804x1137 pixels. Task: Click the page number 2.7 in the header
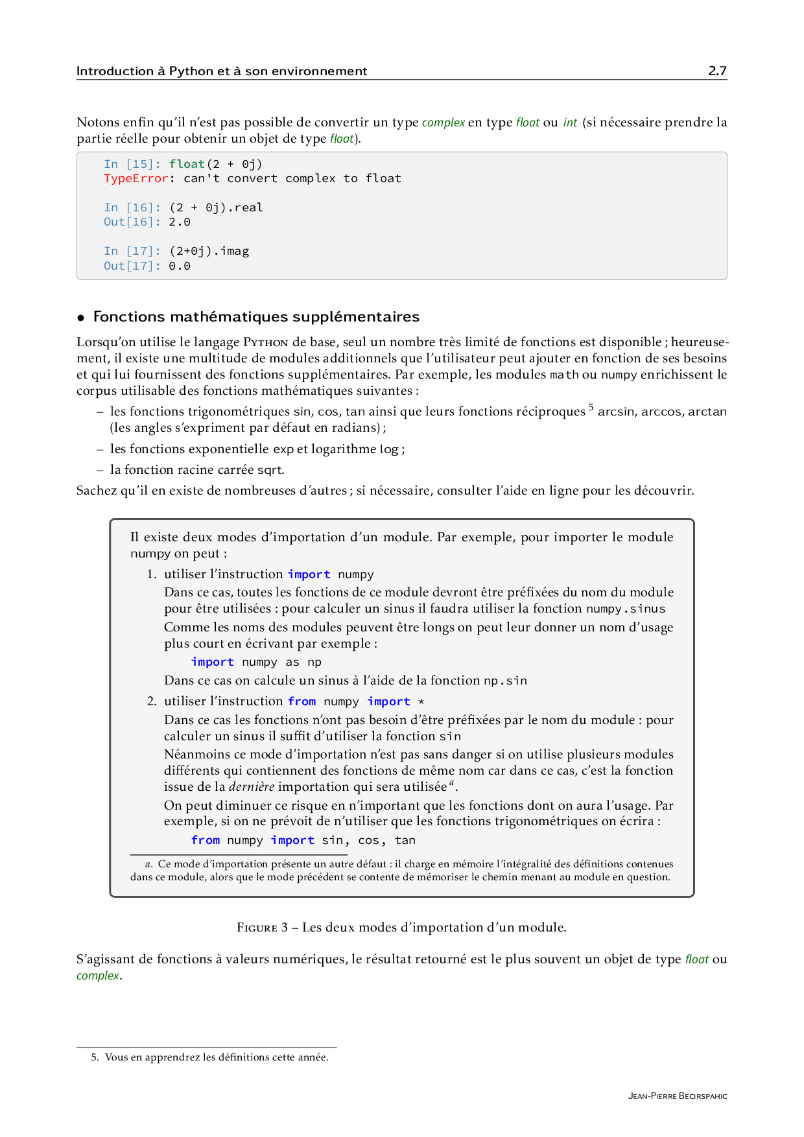click(717, 71)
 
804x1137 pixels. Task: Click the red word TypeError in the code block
click(136, 178)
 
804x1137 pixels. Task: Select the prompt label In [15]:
click(132, 164)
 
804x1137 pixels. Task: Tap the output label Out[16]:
click(132, 222)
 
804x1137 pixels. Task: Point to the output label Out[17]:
click(132, 266)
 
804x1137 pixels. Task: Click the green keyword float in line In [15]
click(187, 164)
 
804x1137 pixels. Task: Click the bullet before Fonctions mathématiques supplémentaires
click(81, 318)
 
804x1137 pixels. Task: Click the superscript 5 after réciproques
click(591, 408)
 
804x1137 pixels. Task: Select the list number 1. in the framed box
click(152, 574)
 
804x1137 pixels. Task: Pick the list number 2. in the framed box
click(152, 701)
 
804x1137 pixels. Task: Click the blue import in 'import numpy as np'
click(212, 662)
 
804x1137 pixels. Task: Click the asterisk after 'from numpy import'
click(421, 701)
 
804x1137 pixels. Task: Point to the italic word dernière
click(252, 787)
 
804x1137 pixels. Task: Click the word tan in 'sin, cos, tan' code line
click(405, 840)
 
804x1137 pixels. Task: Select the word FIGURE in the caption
click(257, 928)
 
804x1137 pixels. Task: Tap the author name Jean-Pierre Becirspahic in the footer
click(677, 1096)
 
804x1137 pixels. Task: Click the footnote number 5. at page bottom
click(95, 1057)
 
